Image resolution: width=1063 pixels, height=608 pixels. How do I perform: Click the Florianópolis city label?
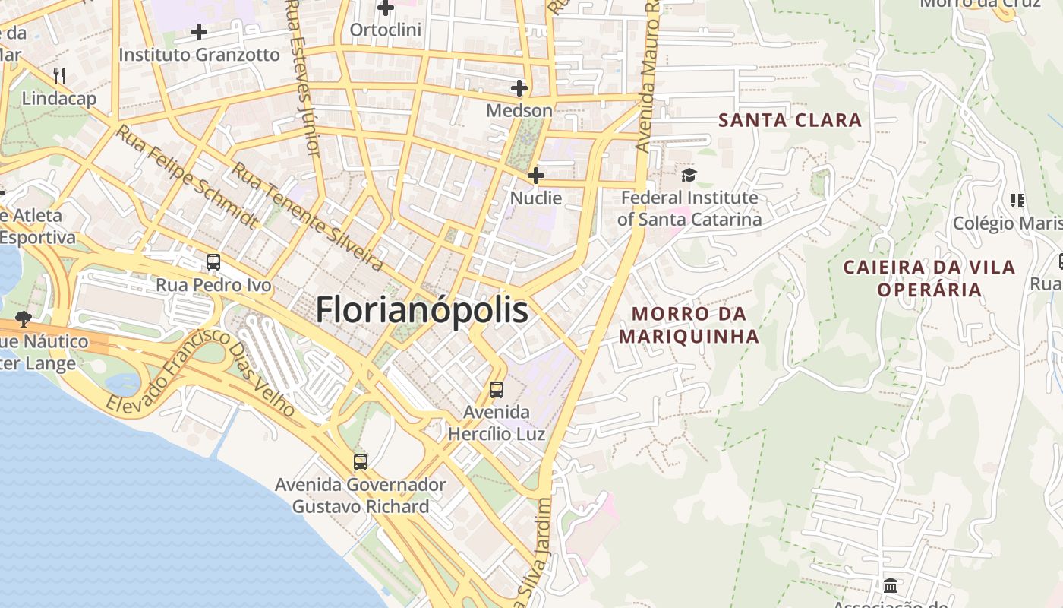421,310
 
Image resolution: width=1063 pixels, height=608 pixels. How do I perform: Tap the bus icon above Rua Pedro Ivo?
213,262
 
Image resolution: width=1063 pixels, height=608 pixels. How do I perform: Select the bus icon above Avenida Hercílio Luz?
497,390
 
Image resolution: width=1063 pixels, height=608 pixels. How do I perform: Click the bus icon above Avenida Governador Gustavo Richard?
361,461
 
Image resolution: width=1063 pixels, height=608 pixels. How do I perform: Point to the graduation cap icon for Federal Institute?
689,176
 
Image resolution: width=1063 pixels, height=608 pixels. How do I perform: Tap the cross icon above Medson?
519,88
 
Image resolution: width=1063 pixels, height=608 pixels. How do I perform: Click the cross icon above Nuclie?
536,176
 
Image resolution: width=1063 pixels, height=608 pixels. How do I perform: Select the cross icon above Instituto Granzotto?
199,32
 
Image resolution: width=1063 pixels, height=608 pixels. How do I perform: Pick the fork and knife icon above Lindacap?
59,75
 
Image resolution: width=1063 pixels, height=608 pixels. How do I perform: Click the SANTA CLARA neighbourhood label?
790,120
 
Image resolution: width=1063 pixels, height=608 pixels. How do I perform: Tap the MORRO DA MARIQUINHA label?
689,325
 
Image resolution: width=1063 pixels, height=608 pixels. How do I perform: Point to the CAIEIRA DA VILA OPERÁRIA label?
929,278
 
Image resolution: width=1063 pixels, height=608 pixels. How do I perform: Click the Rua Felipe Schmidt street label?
187,178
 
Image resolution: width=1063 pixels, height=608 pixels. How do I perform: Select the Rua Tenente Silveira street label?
307,217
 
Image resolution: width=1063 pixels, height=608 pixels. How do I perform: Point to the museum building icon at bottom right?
891,586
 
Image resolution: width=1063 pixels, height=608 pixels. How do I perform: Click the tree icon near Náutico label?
24,318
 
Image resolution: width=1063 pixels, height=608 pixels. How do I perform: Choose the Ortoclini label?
386,30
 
